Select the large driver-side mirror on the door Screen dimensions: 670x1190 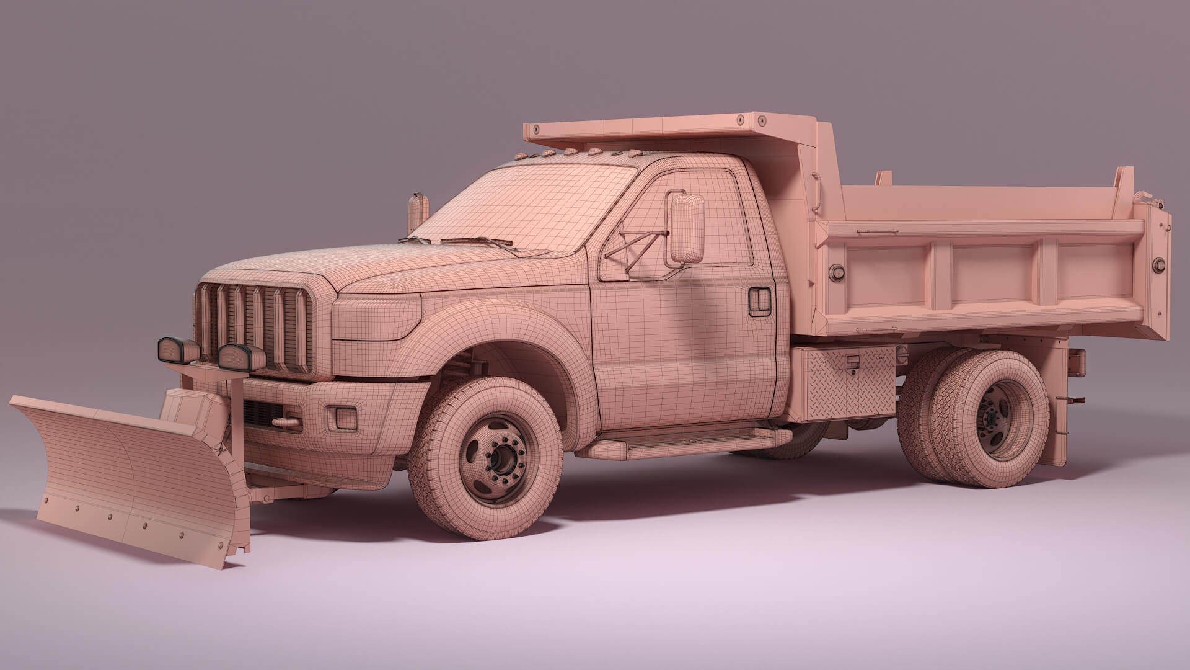pyautogui.click(x=687, y=228)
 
